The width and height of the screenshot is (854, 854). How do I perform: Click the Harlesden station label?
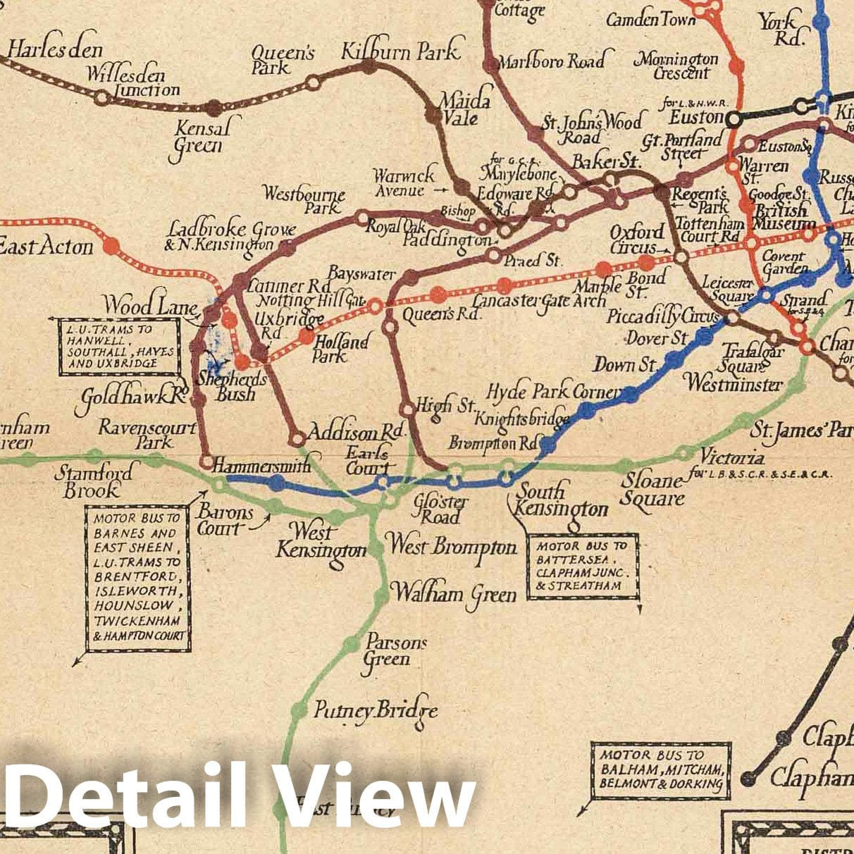[x=55, y=50]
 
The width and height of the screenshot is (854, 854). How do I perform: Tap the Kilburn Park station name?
[x=400, y=51]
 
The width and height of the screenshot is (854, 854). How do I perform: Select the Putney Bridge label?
[x=375, y=710]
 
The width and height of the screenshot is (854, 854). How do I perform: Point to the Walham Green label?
[x=453, y=593]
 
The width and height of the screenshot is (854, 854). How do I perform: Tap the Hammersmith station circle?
[x=206, y=462]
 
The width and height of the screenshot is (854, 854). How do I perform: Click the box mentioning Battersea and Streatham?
[x=583, y=566]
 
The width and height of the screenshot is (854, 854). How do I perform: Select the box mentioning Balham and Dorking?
[x=660, y=770]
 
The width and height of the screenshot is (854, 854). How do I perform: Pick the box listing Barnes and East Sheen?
[x=138, y=577]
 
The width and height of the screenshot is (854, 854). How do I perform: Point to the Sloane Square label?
[x=652, y=490]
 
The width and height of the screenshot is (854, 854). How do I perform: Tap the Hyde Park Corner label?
[x=553, y=392]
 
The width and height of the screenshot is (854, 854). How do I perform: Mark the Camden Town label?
[x=650, y=20]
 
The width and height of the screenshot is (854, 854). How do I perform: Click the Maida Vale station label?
[x=464, y=109]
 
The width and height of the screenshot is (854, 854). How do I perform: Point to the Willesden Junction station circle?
[x=102, y=98]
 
